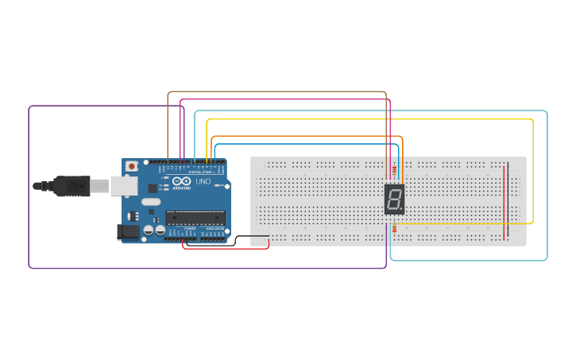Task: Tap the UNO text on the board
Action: pos(203,181)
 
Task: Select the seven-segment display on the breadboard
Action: pos(394,199)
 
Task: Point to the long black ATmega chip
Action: pos(195,217)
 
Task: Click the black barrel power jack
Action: pos(125,232)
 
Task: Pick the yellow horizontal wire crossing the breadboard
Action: pos(461,224)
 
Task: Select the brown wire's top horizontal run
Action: pos(278,92)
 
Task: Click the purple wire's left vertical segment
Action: pos(29,187)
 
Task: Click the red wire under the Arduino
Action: pos(226,247)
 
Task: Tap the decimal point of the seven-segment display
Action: pos(403,211)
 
